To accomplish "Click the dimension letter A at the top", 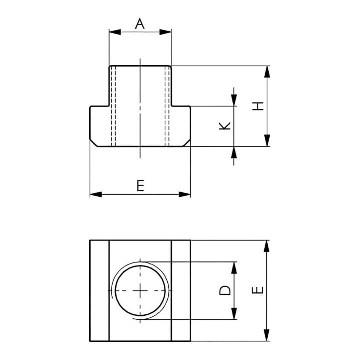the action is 140,24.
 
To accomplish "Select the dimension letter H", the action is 258,106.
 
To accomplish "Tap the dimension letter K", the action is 225,126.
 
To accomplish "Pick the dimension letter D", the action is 225,290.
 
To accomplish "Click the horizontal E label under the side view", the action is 140,186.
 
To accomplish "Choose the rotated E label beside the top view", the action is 257,290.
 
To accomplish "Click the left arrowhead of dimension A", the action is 115,32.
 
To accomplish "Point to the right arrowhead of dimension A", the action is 165,32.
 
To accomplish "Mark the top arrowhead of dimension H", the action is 267,72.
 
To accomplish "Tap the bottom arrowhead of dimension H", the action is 267,140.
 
